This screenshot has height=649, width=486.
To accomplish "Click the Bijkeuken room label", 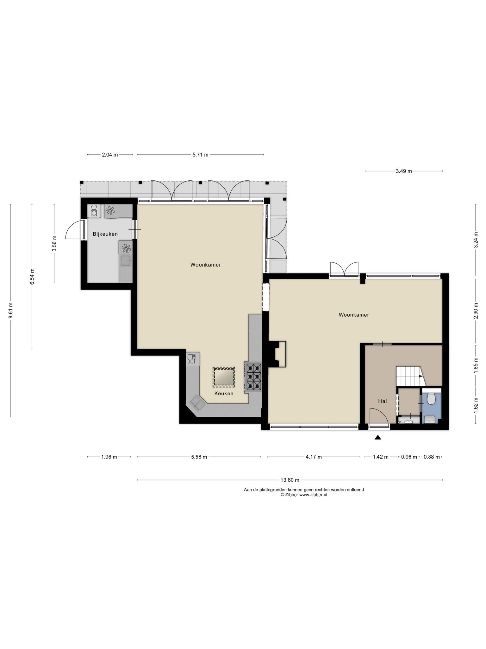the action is pos(105,234).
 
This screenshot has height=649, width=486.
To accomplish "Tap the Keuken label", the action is pos(224,394).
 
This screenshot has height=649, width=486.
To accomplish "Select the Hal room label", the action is pos(383,401).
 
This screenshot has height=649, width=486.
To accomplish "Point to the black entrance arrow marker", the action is pos(378,437).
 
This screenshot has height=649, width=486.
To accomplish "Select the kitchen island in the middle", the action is pos(224,377).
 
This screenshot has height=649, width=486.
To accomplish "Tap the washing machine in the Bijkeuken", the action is pos(94,211).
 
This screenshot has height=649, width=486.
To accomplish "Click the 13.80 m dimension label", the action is pos(290,480).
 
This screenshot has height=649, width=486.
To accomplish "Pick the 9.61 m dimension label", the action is pos(10,310).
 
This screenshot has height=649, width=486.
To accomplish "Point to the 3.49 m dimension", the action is pos(404,171).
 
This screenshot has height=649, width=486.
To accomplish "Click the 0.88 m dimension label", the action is pos(432,457).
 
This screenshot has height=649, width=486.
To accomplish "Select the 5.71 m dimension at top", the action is pos(200,155).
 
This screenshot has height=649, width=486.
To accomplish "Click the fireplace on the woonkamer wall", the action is pos(277,354).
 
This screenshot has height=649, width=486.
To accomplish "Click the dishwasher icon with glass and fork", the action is pos(192,359).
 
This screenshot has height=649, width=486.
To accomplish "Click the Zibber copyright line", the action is pos(304,495).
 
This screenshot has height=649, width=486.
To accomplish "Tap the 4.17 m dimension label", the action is pos(314,457).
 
